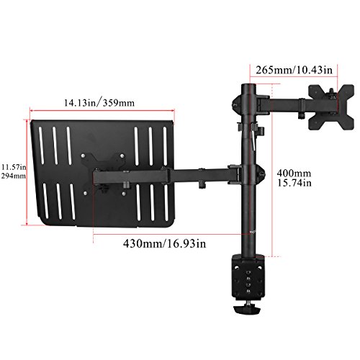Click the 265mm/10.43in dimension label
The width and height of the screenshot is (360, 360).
[294, 71]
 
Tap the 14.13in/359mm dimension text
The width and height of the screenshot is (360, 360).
[99, 103]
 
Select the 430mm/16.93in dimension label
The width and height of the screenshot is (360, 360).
[165, 243]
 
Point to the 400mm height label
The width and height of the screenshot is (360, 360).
[294, 173]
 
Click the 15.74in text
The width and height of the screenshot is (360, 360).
[294, 183]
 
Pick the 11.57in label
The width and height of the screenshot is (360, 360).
[14, 166]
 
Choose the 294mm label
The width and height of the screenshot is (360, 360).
[14, 176]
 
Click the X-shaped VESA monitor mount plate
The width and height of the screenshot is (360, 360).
[331, 107]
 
